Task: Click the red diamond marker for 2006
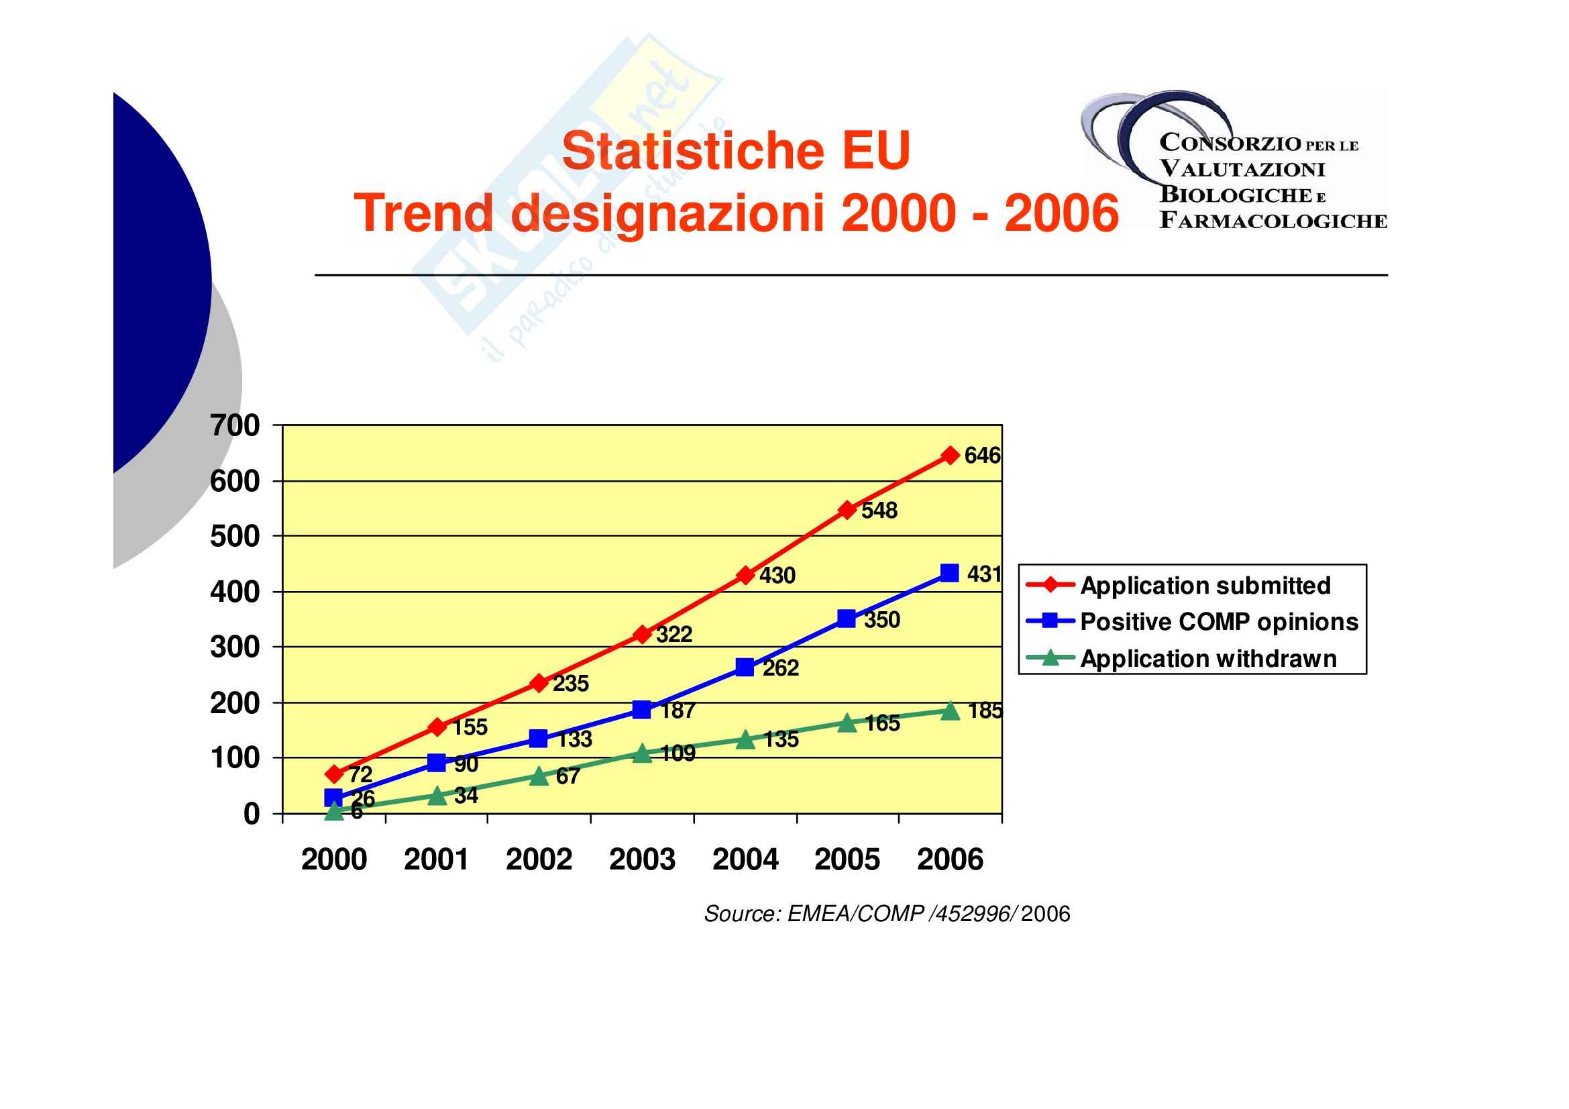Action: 950,455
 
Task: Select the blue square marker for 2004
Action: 745,668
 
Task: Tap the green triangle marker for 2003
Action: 643,753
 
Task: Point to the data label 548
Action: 879,511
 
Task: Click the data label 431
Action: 984,574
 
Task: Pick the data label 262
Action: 780,668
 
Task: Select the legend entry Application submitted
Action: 1205,586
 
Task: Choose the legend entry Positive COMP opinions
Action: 1219,622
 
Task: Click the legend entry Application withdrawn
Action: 1208,659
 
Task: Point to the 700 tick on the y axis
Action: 235,426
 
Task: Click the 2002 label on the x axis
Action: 539,859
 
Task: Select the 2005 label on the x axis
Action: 847,859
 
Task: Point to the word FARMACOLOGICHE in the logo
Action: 1273,221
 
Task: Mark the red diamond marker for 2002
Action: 539,683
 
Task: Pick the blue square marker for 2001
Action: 437,763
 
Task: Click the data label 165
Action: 882,723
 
